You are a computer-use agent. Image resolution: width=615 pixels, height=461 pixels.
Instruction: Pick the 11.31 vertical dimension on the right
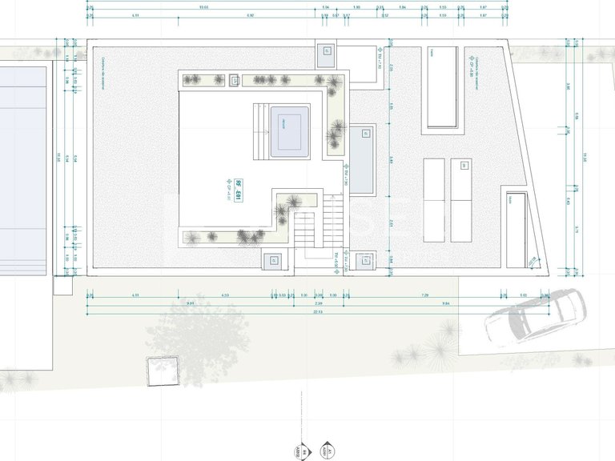click(x=585, y=156)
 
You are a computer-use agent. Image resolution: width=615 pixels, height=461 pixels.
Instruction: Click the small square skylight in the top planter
click(x=235, y=80)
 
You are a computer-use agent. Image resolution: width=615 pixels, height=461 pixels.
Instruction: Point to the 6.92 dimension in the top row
click(x=251, y=15)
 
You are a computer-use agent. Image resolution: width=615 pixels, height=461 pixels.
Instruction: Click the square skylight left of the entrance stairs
click(x=273, y=259)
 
